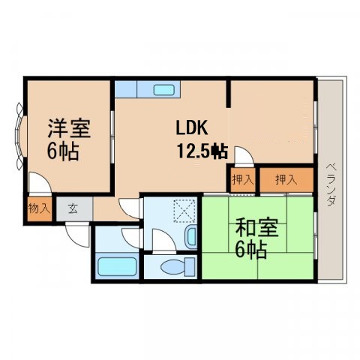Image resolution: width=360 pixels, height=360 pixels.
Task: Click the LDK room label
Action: pos(192,127)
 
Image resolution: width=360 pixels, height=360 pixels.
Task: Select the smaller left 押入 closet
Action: pos(242,180)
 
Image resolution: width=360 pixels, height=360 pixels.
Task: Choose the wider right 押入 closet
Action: pos(286,180)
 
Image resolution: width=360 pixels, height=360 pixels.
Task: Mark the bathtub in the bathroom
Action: pos(116,266)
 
